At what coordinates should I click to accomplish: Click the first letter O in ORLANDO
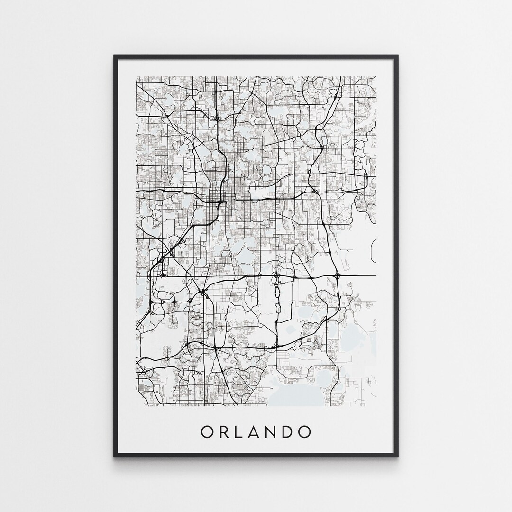(x=207, y=431)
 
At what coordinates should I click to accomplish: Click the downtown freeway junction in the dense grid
(x=220, y=203)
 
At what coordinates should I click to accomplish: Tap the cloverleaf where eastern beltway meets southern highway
(x=338, y=275)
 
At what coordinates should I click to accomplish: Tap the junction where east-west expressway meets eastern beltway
(x=314, y=191)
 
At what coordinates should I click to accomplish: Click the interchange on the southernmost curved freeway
(x=215, y=348)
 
